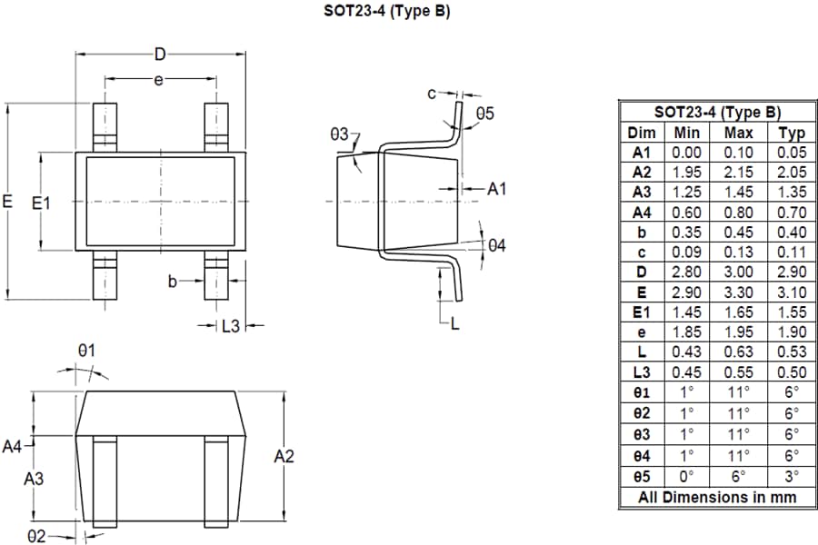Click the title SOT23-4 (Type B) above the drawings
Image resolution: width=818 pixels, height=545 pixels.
tap(387, 12)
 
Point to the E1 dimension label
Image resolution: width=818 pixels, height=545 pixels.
tap(41, 203)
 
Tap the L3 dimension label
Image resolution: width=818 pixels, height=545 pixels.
tap(231, 326)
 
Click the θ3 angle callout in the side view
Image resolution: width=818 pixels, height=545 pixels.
tap(340, 134)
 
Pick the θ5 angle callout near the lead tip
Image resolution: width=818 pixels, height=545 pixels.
tap(484, 114)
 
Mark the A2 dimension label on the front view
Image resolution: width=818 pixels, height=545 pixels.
tap(284, 457)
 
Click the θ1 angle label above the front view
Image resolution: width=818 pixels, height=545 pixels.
tap(86, 351)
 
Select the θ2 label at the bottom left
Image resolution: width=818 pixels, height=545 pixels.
tap(35, 537)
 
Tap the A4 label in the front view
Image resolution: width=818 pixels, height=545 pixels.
tap(12, 446)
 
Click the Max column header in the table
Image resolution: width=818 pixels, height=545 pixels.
tap(738, 133)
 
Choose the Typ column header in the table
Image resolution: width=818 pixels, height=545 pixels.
tap(792, 133)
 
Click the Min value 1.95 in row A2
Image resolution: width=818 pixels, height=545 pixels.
tap(687, 172)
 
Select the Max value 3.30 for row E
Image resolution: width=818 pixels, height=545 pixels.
tap(738, 292)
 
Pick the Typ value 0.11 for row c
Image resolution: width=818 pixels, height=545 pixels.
tap(792, 253)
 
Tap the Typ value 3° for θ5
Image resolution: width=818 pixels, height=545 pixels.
tap(792, 475)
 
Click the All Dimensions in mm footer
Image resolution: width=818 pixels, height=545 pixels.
tap(717, 496)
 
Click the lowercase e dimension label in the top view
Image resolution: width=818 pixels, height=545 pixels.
tap(157, 81)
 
